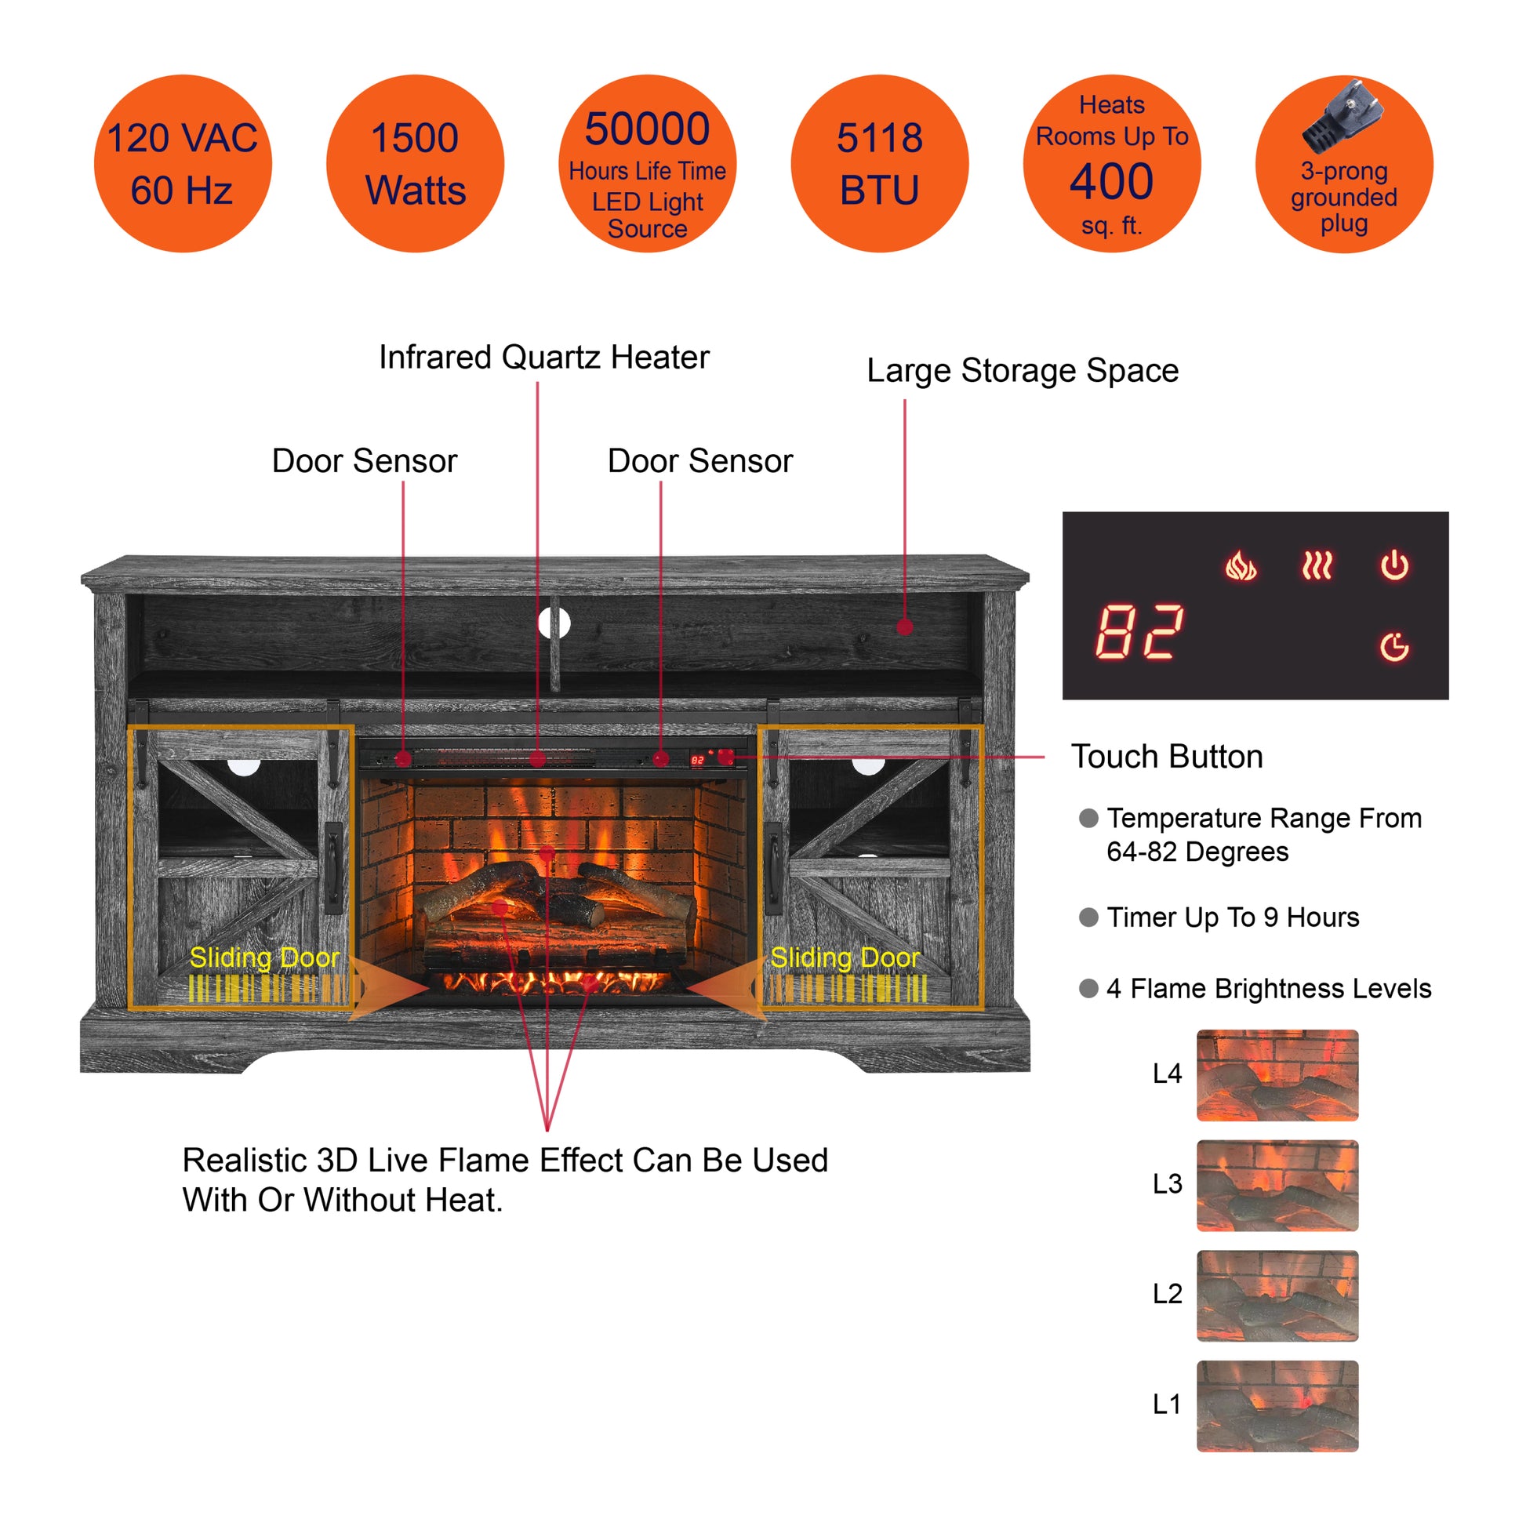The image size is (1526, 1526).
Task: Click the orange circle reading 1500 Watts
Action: (x=415, y=163)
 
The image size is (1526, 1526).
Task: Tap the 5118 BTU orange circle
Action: (x=879, y=163)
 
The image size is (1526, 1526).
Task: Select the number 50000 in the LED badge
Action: (x=647, y=129)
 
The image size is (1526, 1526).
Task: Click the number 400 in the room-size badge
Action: (x=1111, y=182)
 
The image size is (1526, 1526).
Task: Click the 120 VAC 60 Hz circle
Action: (x=183, y=163)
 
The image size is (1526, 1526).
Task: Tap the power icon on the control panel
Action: (x=1394, y=565)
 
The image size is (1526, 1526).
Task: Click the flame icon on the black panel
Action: (x=1240, y=565)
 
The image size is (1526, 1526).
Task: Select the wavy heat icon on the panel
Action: (x=1317, y=565)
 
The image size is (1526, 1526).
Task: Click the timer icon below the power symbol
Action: (x=1394, y=647)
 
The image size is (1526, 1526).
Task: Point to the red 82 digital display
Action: (x=1139, y=632)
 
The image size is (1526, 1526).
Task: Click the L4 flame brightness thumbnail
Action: (x=1277, y=1075)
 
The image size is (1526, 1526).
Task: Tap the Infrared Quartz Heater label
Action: (x=543, y=358)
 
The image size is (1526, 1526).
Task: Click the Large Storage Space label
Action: (x=1022, y=370)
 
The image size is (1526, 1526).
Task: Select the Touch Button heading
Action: (x=1167, y=757)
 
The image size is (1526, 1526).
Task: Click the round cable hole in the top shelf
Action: (x=554, y=623)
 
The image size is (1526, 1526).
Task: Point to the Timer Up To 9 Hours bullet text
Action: (x=1232, y=917)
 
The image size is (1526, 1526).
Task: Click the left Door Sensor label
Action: (x=364, y=461)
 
